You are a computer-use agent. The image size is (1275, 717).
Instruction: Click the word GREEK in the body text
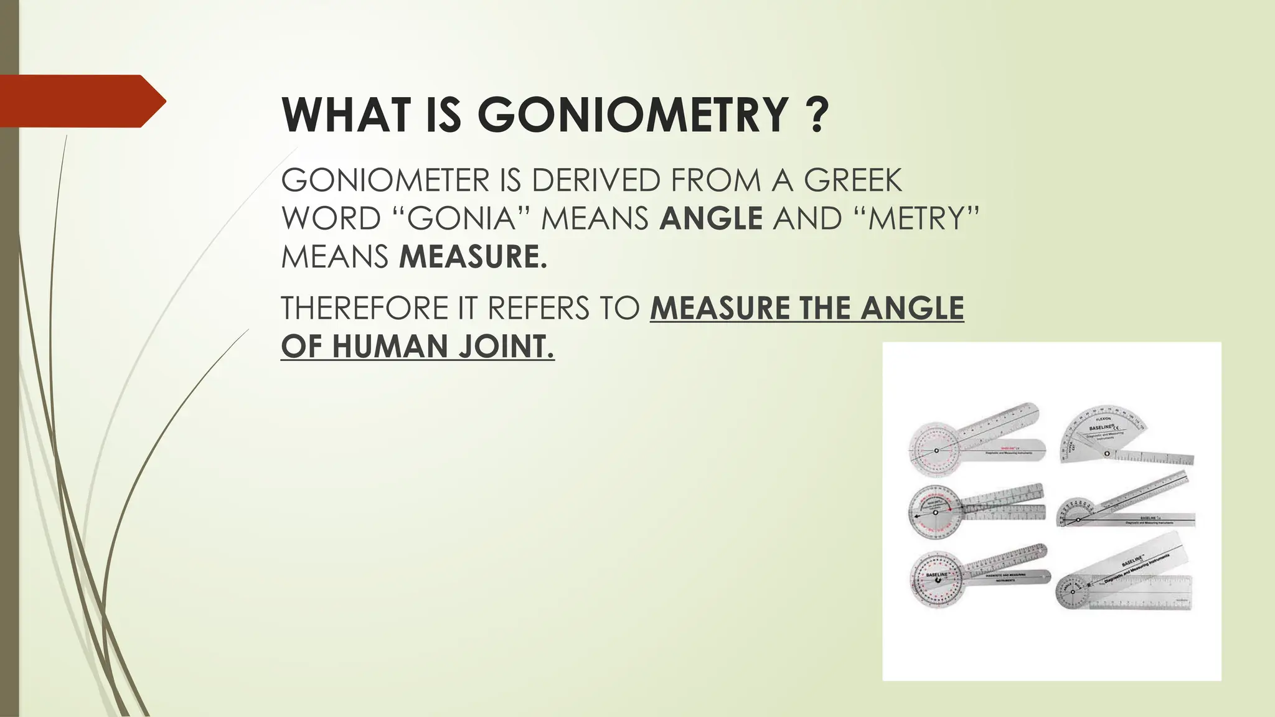click(x=852, y=180)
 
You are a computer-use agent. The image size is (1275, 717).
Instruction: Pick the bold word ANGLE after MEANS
click(x=711, y=218)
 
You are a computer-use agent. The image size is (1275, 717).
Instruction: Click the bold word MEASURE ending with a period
click(x=473, y=257)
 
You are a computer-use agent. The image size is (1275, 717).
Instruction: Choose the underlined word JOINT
click(x=506, y=347)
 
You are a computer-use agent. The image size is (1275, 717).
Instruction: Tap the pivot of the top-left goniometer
click(x=935, y=450)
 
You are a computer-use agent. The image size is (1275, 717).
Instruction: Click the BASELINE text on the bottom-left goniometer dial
click(x=937, y=574)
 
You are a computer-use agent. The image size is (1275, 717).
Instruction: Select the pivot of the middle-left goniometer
click(x=935, y=512)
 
